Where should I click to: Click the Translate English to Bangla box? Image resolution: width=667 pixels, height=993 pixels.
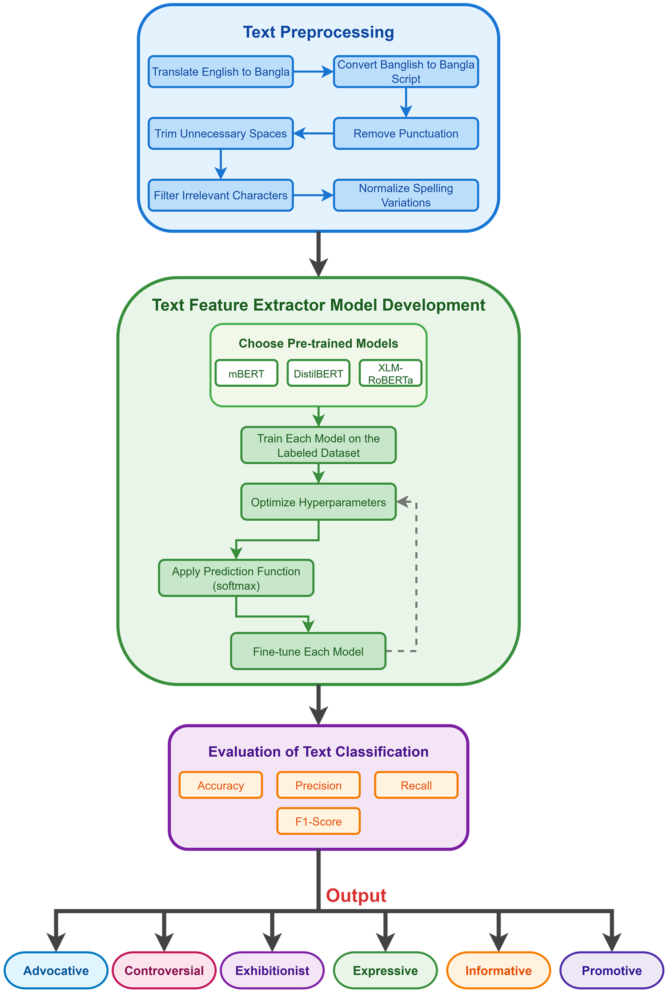tap(221, 72)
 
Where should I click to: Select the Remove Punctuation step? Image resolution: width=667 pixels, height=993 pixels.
tap(406, 134)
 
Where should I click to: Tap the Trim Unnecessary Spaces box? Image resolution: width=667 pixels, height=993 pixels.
tap(221, 134)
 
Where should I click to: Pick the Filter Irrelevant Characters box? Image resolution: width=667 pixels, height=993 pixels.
tap(221, 195)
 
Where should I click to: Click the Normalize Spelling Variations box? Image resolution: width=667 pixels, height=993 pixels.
tap(406, 195)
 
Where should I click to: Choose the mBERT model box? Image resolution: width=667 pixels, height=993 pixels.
tap(246, 373)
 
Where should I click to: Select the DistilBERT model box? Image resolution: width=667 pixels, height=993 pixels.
tap(318, 373)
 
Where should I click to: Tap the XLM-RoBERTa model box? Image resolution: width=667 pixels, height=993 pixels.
tap(390, 373)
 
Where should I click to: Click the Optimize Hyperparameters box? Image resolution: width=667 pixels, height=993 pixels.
tap(318, 502)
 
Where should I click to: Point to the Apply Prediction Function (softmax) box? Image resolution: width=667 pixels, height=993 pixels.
tap(236, 578)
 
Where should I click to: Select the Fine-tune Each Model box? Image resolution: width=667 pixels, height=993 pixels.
tap(308, 651)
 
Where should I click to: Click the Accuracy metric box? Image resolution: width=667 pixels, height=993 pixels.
tap(221, 786)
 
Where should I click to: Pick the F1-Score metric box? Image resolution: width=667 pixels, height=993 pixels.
tap(318, 821)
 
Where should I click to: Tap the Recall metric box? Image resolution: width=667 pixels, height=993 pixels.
tap(416, 786)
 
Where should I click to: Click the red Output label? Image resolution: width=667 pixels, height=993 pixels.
tap(356, 896)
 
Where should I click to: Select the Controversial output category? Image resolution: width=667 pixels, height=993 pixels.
tap(164, 970)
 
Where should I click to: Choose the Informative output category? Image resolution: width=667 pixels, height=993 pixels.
tap(498, 970)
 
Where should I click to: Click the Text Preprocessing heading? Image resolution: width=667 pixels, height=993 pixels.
tap(318, 32)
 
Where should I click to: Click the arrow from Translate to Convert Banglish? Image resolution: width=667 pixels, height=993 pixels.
tap(313, 72)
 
